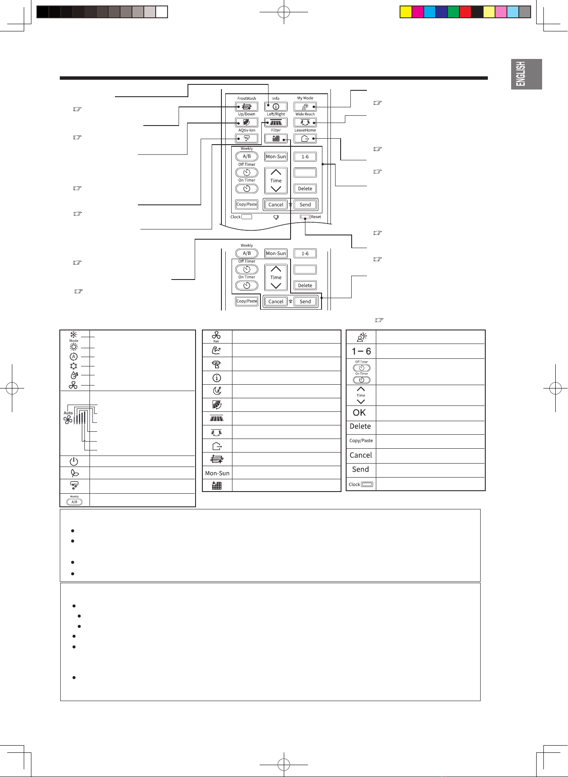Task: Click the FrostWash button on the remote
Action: point(246,106)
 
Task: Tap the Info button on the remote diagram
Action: point(276,106)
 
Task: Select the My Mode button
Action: point(305,106)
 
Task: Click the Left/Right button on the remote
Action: point(276,123)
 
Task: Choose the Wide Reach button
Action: point(305,123)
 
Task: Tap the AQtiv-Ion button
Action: point(246,138)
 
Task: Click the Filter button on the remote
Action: point(276,138)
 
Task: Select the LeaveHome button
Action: point(305,138)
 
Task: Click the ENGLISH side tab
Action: point(526,74)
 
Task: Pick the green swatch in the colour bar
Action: point(453,12)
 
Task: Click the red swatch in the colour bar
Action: point(465,12)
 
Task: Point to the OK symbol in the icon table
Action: point(359,413)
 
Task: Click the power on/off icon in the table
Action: point(74,461)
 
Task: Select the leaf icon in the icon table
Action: point(74,473)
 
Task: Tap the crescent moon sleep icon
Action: point(217,391)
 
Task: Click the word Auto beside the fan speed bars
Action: point(68,413)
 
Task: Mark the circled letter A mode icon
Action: point(74,357)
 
